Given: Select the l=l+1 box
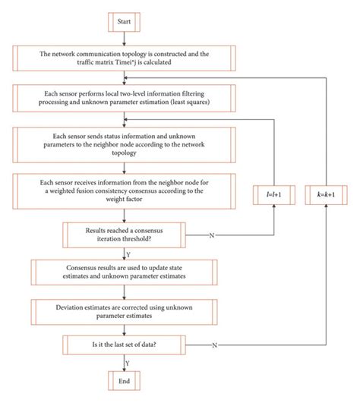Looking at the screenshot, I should pyautogui.click(x=270, y=195).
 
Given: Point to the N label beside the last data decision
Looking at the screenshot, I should pyautogui.click(x=216, y=346).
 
